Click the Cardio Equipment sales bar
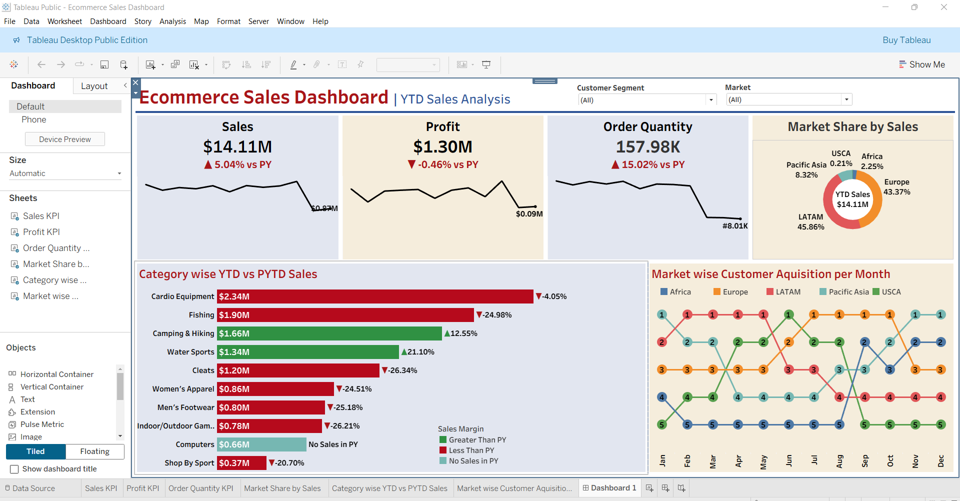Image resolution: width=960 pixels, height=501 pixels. [375, 296]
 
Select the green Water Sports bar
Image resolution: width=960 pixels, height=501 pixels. [307, 352]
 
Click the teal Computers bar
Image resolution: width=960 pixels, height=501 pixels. [261, 444]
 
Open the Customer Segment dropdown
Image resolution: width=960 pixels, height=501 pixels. [710, 100]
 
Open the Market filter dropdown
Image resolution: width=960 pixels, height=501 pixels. [846, 99]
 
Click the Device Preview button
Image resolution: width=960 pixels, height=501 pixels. [65, 139]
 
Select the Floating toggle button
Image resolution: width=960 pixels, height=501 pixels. [95, 451]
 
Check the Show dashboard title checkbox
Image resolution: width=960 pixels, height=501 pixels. [14, 469]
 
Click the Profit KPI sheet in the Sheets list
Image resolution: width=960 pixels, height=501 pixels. [41, 232]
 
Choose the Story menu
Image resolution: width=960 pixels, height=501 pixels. [142, 21]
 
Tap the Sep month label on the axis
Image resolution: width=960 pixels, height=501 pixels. [865, 460]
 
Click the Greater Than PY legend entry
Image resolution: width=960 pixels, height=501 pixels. [477, 440]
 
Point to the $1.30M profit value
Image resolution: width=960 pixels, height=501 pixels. [442, 147]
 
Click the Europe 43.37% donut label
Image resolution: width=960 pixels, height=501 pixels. [896, 187]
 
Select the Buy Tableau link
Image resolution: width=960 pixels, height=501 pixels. [906, 40]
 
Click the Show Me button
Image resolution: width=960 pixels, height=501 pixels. [922, 64]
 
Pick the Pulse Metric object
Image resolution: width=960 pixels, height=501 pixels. [42, 424]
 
